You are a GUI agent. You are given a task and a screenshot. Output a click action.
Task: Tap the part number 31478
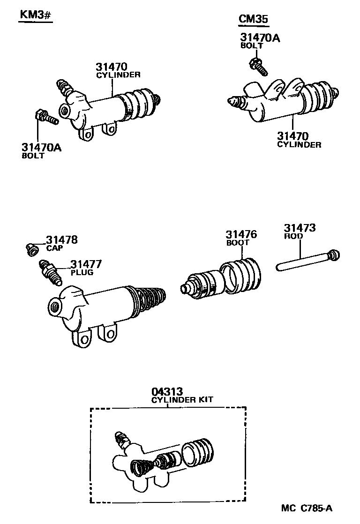(x=62, y=240)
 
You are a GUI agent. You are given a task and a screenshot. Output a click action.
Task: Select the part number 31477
(x=86, y=264)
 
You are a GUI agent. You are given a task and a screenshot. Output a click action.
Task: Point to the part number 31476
(x=241, y=235)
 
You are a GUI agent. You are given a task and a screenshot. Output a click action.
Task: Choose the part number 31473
(x=300, y=228)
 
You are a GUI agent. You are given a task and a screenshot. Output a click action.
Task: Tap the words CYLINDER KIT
(x=182, y=400)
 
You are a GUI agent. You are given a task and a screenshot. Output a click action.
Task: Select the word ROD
(x=293, y=237)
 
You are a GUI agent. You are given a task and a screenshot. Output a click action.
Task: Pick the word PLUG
(x=82, y=272)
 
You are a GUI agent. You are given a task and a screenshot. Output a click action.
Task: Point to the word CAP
(x=54, y=248)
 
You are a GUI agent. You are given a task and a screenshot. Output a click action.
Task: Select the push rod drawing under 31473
(x=307, y=261)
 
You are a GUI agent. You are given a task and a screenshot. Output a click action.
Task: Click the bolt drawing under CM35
(x=258, y=66)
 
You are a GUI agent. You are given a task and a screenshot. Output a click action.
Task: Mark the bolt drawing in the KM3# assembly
(x=46, y=117)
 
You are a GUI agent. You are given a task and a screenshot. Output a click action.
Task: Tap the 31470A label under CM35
(x=260, y=37)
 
